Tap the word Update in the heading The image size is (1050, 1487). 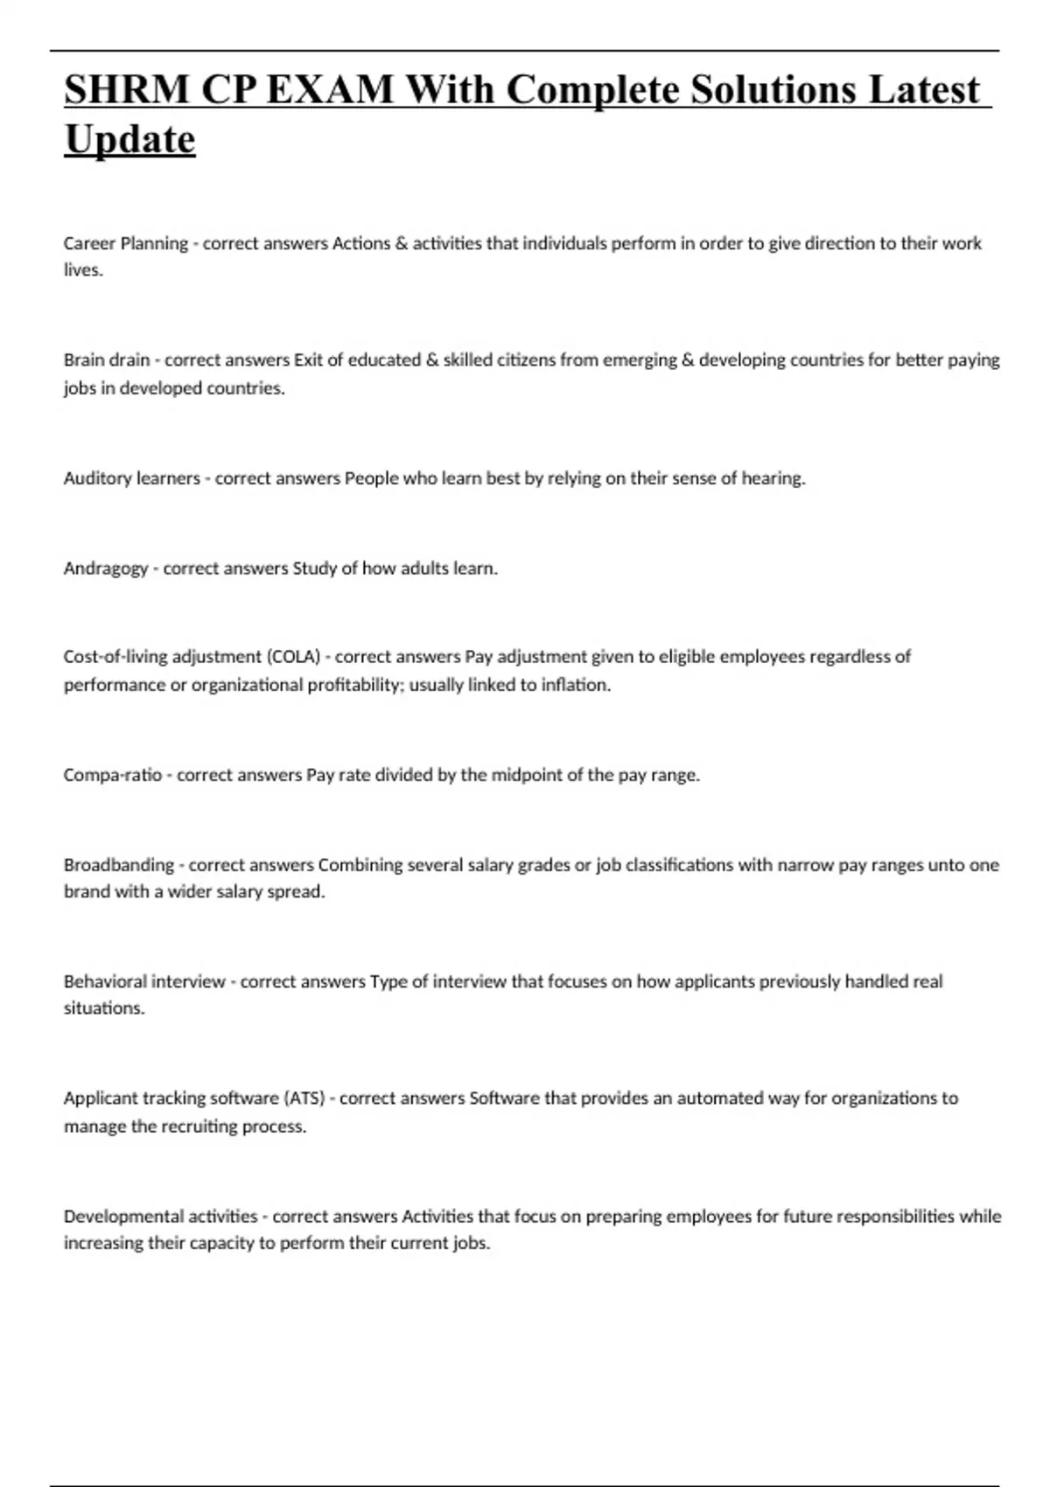pos(129,140)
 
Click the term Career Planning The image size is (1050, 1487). pos(125,243)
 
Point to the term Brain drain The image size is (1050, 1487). pos(106,360)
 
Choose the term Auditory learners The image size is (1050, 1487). pos(131,478)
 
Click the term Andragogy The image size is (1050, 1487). pos(106,569)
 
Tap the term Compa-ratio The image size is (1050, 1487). pos(112,775)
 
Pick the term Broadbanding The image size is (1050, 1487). pos(118,865)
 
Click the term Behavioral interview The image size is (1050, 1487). pos(144,981)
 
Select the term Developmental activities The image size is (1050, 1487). pos(160,1216)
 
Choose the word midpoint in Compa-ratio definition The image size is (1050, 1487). pos(528,775)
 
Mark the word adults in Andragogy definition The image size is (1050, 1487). pos(424,569)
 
